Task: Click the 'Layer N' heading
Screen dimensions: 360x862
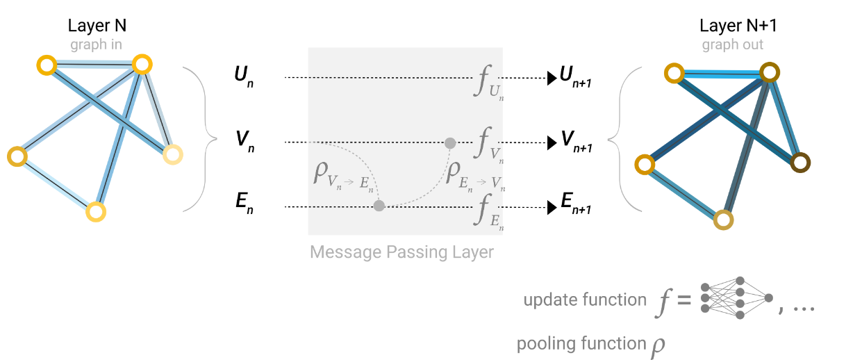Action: [97, 26]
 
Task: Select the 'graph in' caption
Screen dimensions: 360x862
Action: [96, 45]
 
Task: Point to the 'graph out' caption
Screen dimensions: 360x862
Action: [732, 45]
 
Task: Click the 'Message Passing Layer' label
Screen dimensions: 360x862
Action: [401, 251]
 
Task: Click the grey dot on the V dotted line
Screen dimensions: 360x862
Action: [450, 143]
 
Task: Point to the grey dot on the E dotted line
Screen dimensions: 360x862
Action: [379, 206]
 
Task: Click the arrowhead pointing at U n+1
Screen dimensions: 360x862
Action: [552, 78]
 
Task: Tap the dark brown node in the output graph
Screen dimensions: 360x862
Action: [800, 163]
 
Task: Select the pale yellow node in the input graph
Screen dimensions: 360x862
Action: [172, 154]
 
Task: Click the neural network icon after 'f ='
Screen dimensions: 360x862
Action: [736, 300]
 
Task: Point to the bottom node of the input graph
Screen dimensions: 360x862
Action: [96, 211]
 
